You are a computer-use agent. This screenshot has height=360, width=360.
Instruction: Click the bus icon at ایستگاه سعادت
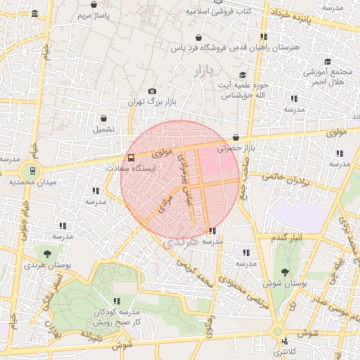pyautogui.click(x=131, y=157)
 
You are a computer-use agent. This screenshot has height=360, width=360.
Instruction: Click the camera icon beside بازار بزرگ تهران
pyautogui.click(x=152, y=91)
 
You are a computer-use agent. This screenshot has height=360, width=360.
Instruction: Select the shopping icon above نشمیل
pyautogui.click(x=104, y=118)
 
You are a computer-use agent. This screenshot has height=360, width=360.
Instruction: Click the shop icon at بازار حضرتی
pyautogui.click(x=235, y=137)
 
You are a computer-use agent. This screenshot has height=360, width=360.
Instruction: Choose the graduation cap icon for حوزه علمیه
pyautogui.click(x=242, y=75)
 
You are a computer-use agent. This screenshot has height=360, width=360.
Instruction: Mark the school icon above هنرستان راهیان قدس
pyautogui.click(x=263, y=36)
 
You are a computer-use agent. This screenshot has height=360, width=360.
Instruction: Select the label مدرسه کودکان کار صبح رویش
pyautogui.click(x=117, y=316)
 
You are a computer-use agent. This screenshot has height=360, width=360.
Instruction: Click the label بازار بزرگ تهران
pyautogui.click(x=151, y=102)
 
